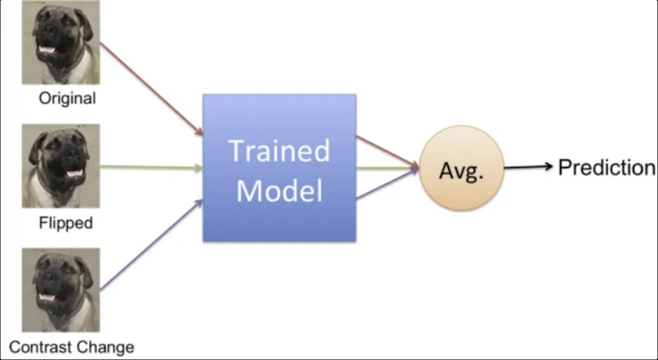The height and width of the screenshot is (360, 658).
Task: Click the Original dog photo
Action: (x=60, y=43)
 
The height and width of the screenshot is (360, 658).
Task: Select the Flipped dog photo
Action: (x=60, y=166)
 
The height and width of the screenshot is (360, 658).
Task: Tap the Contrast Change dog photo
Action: (x=60, y=289)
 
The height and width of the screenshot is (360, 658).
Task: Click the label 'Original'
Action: (x=67, y=98)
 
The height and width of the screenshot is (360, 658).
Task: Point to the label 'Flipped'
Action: (x=66, y=223)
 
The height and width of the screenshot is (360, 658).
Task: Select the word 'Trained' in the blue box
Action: (x=279, y=150)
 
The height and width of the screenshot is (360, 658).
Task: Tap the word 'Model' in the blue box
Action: (x=279, y=190)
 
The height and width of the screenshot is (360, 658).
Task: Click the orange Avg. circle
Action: (x=462, y=168)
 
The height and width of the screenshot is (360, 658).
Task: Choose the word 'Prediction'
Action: (x=607, y=168)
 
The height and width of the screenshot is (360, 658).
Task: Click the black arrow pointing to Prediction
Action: (x=528, y=167)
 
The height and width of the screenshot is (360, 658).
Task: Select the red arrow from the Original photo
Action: (x=150, y=88)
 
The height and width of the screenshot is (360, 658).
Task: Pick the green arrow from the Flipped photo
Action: (x=150, y=167)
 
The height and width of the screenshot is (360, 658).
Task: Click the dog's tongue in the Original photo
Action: (x=47, y=49)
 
